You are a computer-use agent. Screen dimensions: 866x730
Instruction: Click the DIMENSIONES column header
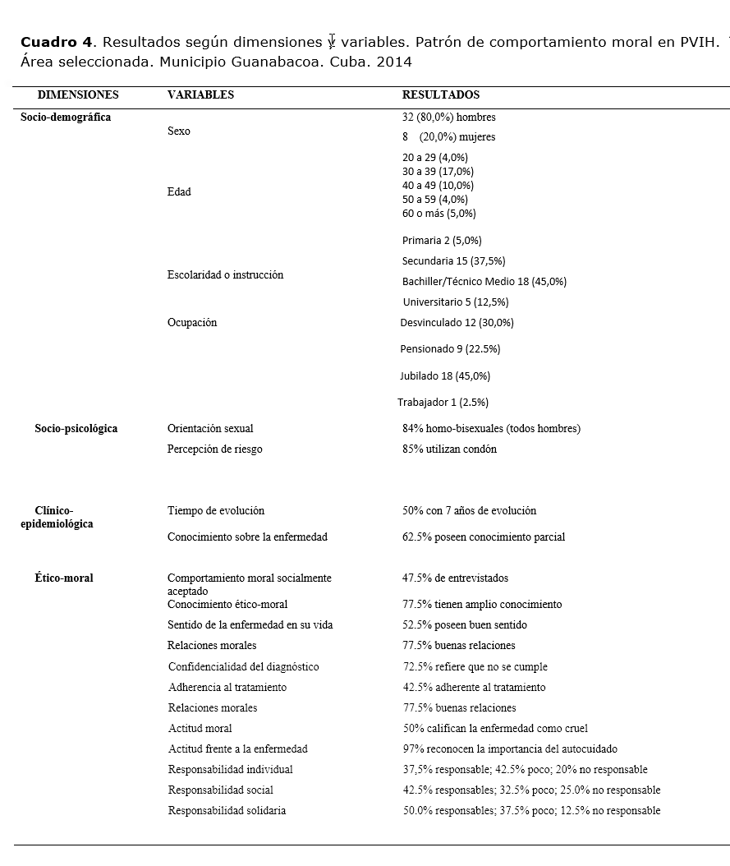[x=78, y=95]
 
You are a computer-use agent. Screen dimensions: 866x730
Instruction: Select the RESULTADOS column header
[x=441, y=95]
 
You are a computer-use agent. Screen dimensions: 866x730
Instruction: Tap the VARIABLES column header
[x=200, y=95]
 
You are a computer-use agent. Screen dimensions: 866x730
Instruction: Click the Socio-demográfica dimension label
[x=66, y=117]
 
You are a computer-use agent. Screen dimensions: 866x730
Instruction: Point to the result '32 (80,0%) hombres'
[x=448, y=117]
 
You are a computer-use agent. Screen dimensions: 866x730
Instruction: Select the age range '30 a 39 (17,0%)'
[x=438, y=172]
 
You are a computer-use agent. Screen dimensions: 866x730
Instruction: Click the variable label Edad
[x=179, y=192]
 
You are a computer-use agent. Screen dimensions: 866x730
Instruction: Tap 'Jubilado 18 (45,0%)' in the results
[x=444, y=376]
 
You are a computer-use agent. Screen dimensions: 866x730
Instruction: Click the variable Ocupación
[x=192, y=323]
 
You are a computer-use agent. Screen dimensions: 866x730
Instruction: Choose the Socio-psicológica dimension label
[x=76, y=429]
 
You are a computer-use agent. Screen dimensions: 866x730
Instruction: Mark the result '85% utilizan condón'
[x=449, y=449]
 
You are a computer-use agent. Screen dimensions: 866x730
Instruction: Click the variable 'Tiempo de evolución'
[x=216, y=511]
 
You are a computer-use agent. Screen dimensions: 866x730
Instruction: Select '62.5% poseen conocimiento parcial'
[x=483, y=537]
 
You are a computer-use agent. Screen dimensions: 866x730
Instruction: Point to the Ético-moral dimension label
[x=64, y=578]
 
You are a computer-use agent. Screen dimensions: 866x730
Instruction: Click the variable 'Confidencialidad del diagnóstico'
[x=243, y=667]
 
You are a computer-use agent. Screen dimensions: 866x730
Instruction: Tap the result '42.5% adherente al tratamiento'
[x=473, y=688]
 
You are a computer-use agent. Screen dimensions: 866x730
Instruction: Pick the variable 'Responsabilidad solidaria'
[x=227, y=811]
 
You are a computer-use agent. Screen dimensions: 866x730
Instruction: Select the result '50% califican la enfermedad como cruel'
[x=494, y=729]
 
